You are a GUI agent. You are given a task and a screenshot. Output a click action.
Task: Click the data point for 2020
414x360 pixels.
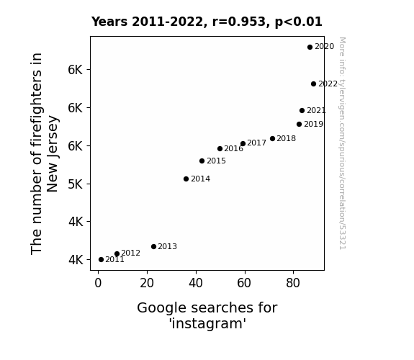click(310, 47)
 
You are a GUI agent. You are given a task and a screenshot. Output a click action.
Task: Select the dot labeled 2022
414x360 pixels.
click(313, 84)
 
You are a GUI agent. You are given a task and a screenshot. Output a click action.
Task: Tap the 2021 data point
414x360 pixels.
click(302, 110)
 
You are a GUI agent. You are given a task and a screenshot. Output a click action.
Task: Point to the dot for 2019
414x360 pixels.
click(299, 124)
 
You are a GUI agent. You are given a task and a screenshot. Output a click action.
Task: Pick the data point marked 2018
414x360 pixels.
click(272, 138)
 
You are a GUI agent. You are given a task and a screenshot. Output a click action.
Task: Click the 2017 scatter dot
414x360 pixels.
click(243, 143)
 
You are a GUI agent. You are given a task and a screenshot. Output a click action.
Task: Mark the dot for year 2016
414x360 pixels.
click(220, 148)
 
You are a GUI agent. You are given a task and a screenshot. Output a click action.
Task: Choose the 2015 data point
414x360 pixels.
click(202, 161)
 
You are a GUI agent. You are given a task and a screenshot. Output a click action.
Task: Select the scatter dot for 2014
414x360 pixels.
click(186, 179)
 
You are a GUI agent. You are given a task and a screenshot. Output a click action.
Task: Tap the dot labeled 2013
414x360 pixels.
click(153, 246)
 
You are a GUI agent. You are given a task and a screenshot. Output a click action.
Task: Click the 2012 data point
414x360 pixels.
click(117, 253)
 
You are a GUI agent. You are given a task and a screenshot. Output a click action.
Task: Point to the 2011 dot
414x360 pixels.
click(101, 260)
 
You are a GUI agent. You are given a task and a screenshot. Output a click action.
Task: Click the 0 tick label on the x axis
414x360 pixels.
click(98, 283)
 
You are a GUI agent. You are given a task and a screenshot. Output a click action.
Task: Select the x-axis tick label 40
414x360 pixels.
click(196, 283)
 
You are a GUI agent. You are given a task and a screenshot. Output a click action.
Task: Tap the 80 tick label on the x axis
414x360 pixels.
click(293, 283)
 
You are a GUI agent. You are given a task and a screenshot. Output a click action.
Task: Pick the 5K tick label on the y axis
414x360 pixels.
click(76, 184)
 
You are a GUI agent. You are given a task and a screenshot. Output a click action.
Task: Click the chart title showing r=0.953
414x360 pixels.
click(207, 22)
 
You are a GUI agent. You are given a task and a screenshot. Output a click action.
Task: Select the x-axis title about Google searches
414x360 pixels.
click(207, 315)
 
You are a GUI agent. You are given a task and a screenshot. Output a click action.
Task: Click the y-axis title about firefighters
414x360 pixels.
click(44, 153)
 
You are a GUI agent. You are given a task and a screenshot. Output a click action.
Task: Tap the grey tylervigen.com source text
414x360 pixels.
click(343, 143)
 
